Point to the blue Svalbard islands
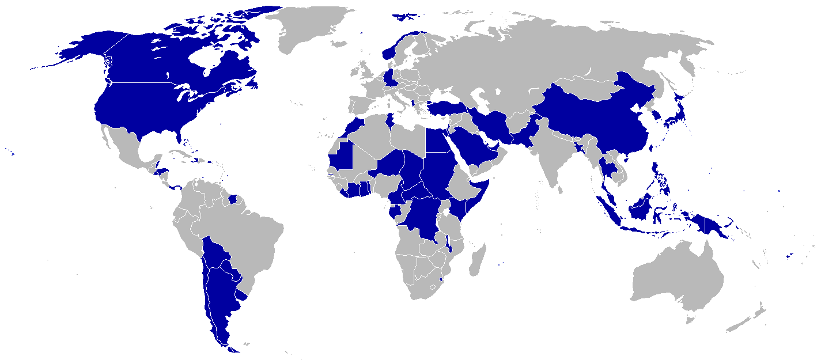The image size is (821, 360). (x=406, y=16)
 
